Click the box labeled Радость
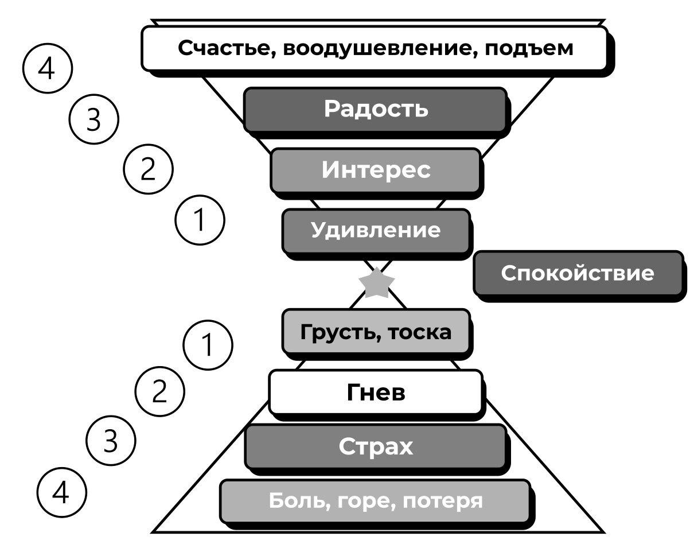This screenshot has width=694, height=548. [376, 109]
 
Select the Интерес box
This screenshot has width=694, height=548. [376, 170]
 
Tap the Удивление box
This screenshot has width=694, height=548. [376, 231]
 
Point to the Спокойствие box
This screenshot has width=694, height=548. [578, 273]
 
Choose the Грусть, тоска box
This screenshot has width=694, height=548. [376, 331]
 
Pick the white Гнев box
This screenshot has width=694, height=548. [376, 392]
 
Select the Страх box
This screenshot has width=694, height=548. [376, 446]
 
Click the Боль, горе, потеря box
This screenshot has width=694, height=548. [376, 502]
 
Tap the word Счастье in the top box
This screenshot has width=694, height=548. [221, 48]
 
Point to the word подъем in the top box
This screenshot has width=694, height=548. [528, 48]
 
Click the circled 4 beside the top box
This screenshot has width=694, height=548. [47, 69]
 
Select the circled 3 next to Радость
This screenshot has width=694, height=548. [93, 120]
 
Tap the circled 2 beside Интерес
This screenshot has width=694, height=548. [149, 170]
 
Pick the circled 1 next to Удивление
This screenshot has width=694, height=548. [199, 221]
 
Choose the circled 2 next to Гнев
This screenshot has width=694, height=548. [159, 392]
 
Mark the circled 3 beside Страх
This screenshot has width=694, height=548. [110, 442]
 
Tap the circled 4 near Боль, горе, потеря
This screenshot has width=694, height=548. [61, 492]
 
